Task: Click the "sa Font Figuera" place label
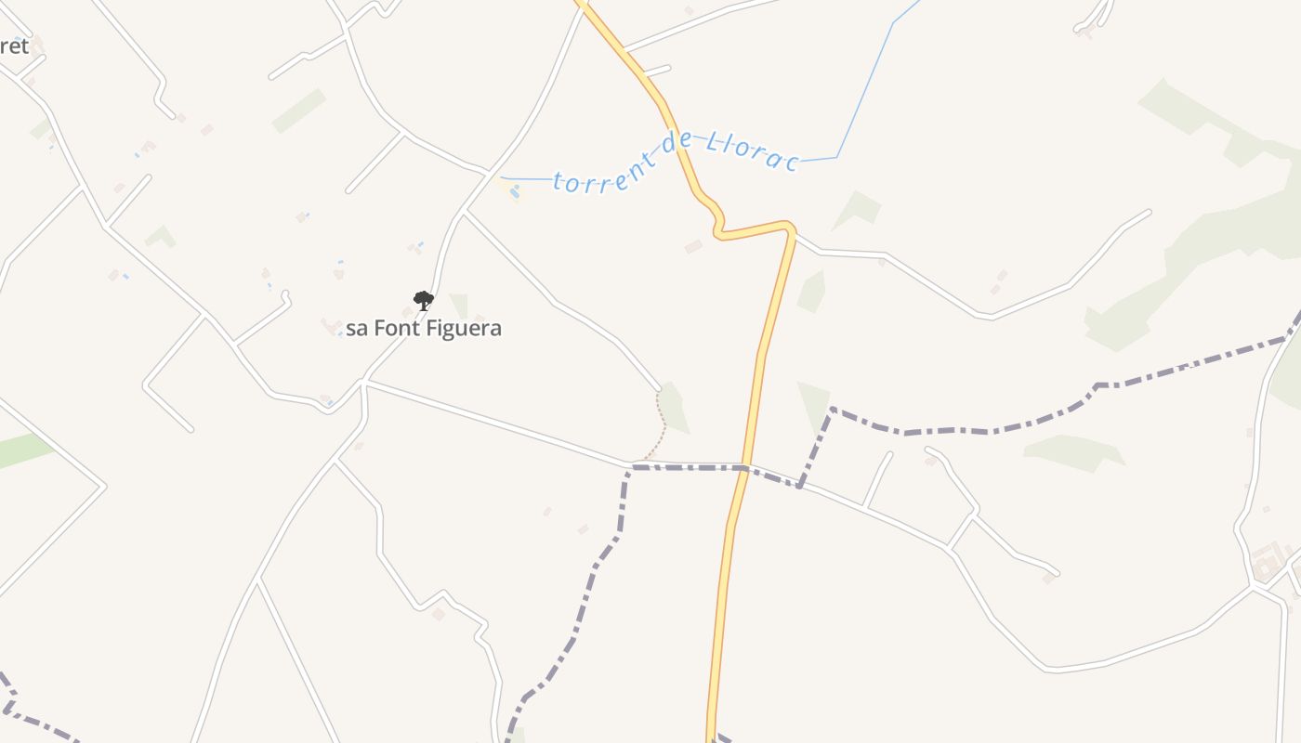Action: pos(424,328)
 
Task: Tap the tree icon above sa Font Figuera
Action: pos(424,300)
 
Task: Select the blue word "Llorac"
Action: pos(753,152)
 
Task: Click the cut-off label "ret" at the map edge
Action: pos(15,46)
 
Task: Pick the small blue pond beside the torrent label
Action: pos(514,191)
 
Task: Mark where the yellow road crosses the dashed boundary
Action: pos(745,467)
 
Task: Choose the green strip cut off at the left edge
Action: pos(23,450)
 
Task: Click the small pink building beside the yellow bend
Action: pos(693,246)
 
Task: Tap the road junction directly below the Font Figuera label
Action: pos(364,381)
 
